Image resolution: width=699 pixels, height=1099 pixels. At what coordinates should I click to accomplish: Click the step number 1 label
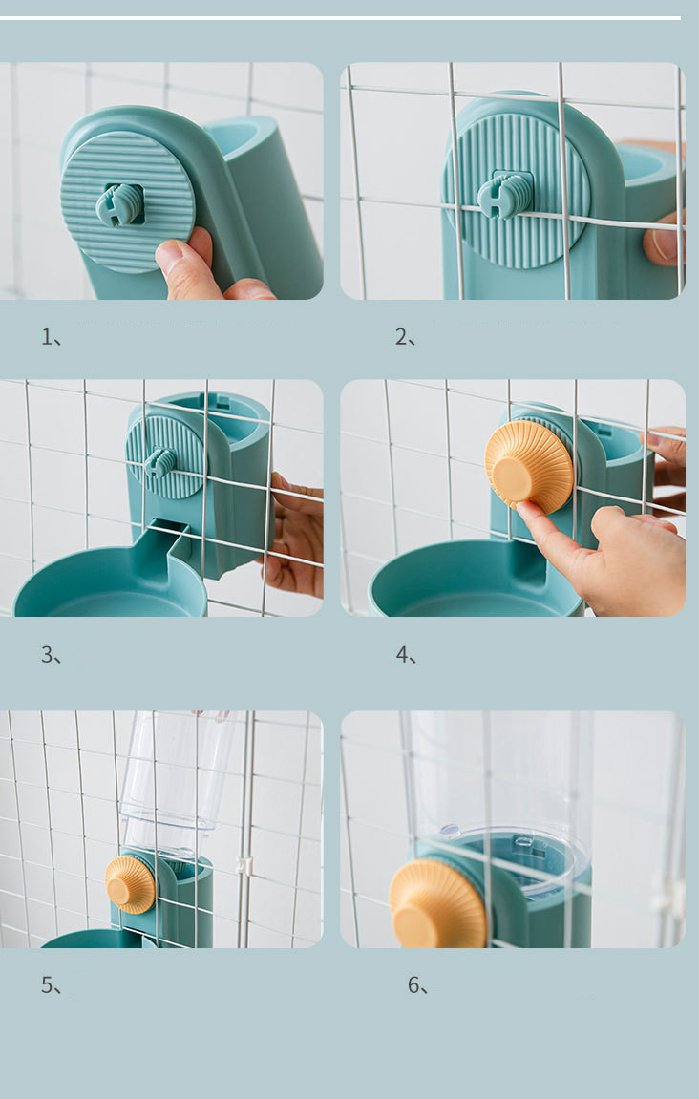click(x=52, y=337)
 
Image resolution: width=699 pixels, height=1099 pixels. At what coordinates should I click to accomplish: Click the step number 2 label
click(x=405, y=337)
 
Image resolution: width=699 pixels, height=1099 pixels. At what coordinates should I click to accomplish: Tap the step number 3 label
click(x=52, y=655)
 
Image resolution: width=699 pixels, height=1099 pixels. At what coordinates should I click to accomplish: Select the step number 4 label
click(x=406, y=655)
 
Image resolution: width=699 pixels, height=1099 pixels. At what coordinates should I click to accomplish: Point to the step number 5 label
click(x=52, y=984)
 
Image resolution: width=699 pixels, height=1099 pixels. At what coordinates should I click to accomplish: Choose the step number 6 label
click(x=418, y=984)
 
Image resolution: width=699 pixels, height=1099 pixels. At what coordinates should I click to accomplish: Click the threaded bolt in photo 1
click(x=119, y=205)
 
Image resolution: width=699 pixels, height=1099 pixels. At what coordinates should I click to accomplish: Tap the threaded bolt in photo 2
click(x=505, y=194)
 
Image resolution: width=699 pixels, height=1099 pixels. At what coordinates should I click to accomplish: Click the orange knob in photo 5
click(x=130, y=884)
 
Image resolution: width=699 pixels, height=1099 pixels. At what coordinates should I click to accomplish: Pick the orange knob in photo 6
click(x=437, y=905)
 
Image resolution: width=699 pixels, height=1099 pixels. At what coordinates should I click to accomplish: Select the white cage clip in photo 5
click(x=244, y=865)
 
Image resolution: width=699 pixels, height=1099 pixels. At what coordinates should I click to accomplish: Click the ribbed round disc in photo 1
click(x=127, y=201)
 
